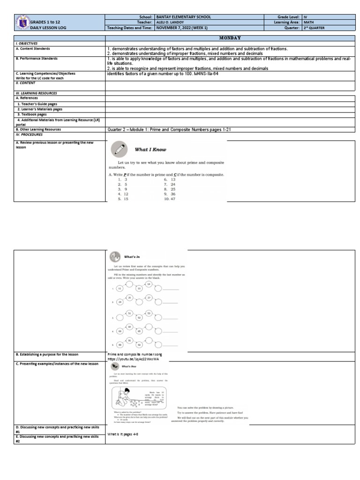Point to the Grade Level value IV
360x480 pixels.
306,17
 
